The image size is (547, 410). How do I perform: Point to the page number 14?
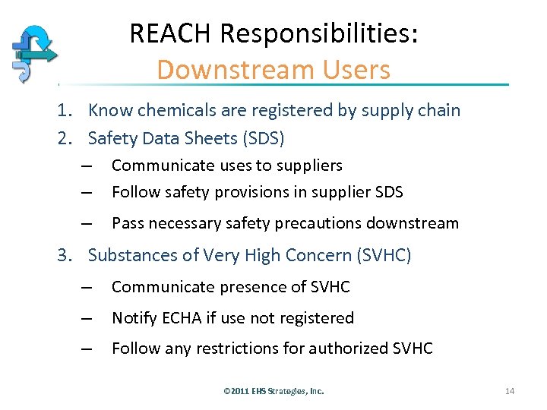coord(510,391)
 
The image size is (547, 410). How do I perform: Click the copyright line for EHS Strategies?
coord(273,391)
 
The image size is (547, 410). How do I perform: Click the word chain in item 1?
coord(440,110)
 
